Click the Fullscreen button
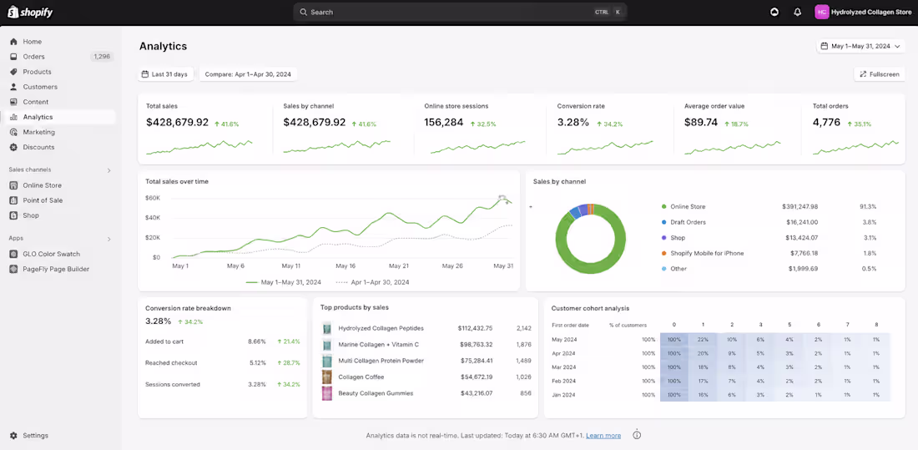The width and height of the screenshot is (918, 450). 880,74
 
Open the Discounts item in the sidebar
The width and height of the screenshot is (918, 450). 38,147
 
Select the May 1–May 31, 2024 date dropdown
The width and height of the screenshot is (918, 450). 860,46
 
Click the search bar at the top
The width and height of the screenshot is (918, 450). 460,12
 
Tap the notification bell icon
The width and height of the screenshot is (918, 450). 797,12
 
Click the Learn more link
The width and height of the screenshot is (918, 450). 603,435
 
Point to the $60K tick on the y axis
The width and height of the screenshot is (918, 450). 153,198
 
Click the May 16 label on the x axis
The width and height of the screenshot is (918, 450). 345,265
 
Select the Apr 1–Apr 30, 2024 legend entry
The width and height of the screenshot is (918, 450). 372,282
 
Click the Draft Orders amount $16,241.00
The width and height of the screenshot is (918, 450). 800,222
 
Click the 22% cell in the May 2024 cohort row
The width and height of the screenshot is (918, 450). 704,340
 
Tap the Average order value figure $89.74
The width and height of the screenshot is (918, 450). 701,123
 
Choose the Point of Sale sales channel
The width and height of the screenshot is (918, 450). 43,200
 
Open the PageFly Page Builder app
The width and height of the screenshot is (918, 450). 56,269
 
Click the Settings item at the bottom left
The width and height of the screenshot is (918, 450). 35,435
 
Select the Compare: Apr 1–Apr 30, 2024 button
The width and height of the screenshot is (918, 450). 248,74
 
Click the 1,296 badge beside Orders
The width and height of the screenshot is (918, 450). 102,57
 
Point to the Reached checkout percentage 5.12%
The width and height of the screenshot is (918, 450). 258,362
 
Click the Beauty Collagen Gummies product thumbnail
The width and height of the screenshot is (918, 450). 327,393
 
